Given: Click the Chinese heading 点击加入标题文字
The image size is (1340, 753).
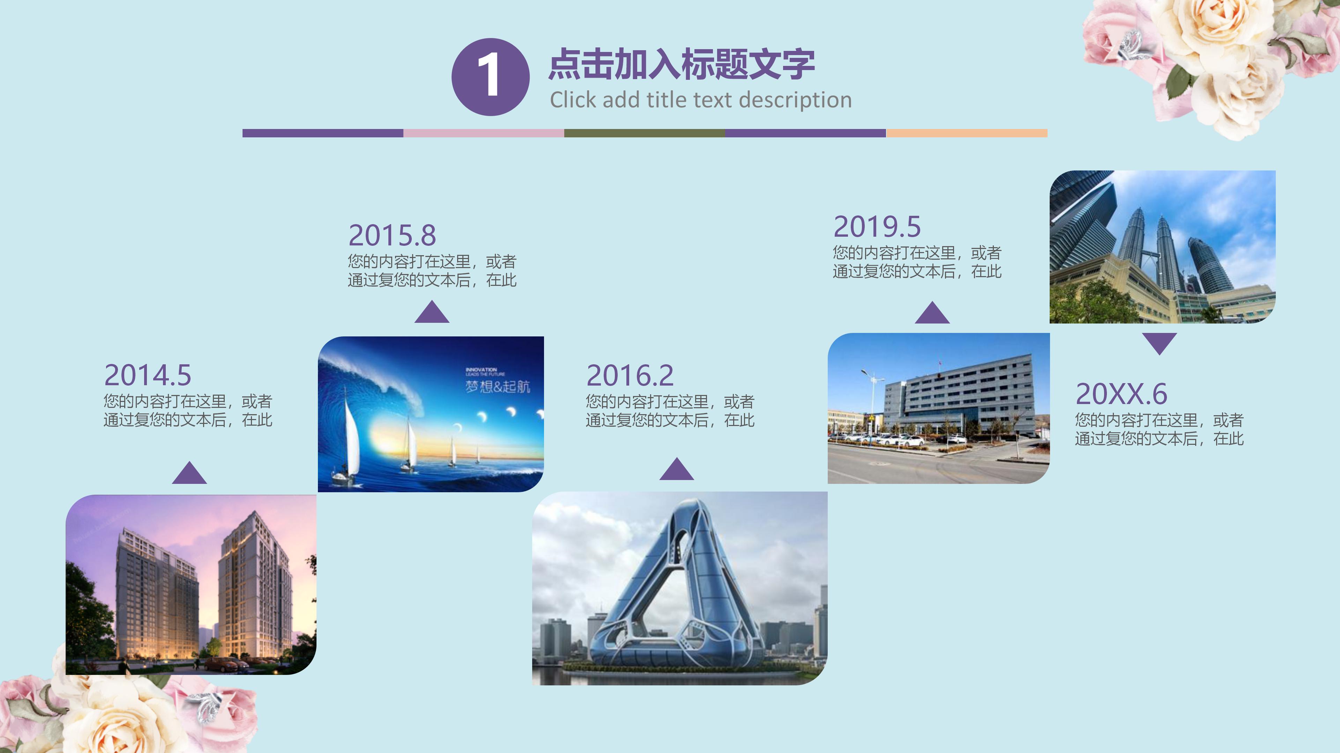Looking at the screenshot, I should point(682,64).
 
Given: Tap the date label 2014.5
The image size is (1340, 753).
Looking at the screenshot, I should point(148,375).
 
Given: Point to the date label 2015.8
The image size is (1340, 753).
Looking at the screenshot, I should point(392,235).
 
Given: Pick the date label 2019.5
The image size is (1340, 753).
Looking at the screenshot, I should point(877,227).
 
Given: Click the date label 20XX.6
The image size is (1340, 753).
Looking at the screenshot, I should point(1122,394).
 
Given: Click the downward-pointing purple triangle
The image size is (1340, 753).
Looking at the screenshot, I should point(1160,343).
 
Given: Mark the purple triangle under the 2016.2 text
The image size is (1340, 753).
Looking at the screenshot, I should point(676,470).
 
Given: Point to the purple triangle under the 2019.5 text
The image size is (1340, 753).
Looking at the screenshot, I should point(932,313).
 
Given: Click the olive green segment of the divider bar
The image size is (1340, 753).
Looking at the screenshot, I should point(645,133).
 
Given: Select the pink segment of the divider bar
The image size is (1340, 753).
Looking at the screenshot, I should point(484,133).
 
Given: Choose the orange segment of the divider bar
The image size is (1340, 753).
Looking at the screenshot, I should point(967,133).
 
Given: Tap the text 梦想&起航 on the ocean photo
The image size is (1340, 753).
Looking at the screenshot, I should point(497,387).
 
